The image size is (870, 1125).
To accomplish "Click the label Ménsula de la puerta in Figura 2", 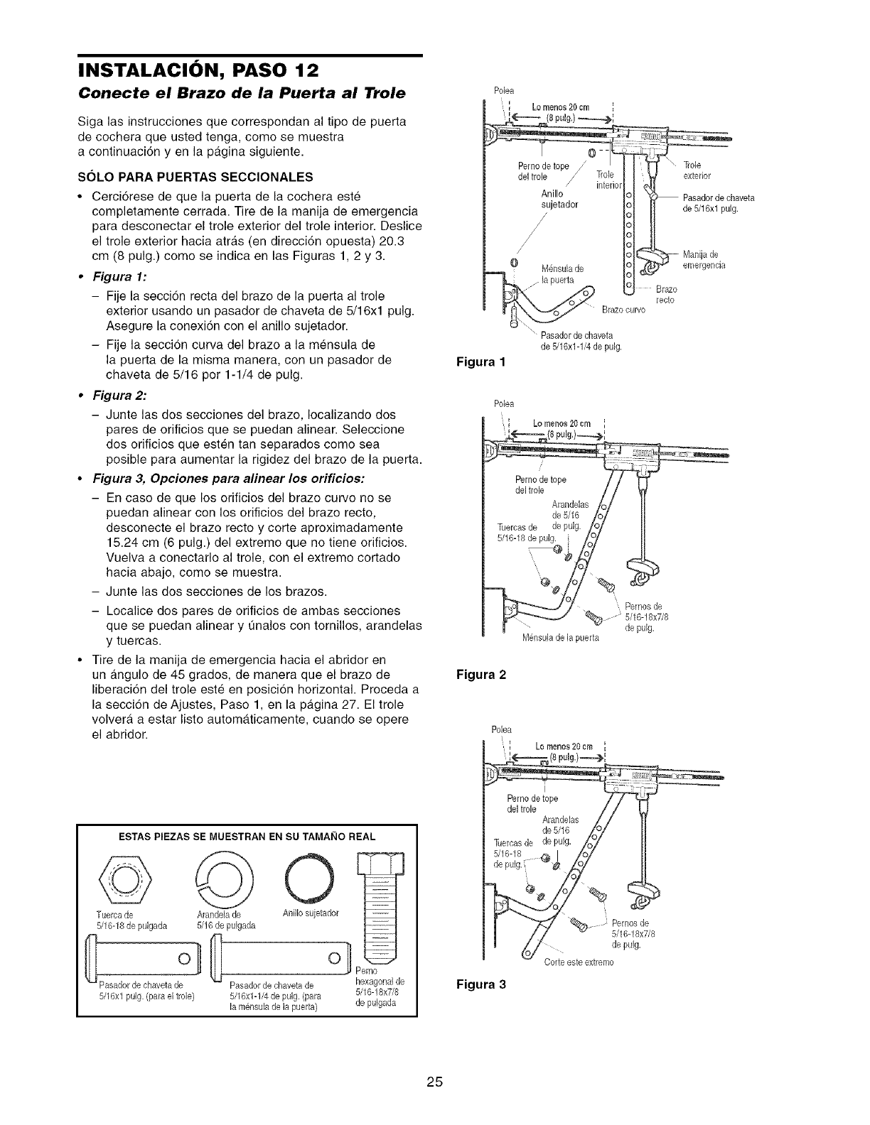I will (561, 637).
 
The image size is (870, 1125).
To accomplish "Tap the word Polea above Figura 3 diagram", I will (501, 729).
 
